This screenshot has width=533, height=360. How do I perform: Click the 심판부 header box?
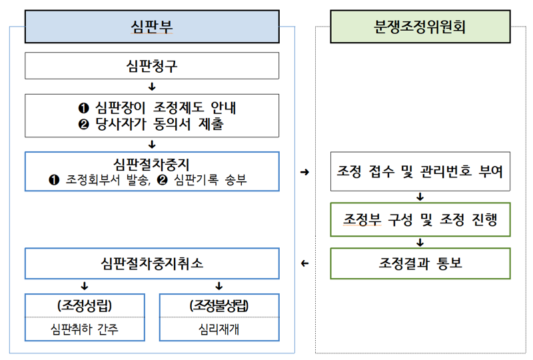[x=153, y=27]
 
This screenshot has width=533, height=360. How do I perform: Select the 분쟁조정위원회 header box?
[x=420, y=27]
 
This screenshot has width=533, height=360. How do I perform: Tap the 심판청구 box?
[x=152, y=65]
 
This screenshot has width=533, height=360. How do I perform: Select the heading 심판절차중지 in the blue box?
[x=152, y=164]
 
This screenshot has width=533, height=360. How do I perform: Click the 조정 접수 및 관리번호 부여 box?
[x=420, y=173]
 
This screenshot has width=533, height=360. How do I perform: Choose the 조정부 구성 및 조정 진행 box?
[x=420, y=219]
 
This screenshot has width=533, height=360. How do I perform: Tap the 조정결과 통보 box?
[x=420, y=263]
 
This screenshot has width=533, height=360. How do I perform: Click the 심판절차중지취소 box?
[x=152, y=263]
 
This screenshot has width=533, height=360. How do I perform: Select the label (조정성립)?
[x=85, y=306]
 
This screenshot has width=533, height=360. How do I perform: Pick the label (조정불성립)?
[x=219, y=306]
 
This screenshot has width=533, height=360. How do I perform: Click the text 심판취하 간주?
[x=85, y=329]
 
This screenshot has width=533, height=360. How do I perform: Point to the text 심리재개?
[x=219, y=329]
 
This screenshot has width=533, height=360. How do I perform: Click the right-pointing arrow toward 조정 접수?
[x=305, y=173]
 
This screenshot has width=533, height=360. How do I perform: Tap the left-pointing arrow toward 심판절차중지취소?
[x=305, y=263]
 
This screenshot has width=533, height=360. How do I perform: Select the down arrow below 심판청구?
[x=152, y=86]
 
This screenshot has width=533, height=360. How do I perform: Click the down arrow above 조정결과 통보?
[x=420, y=242]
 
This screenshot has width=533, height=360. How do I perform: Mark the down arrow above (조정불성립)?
[x=219, y=286]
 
